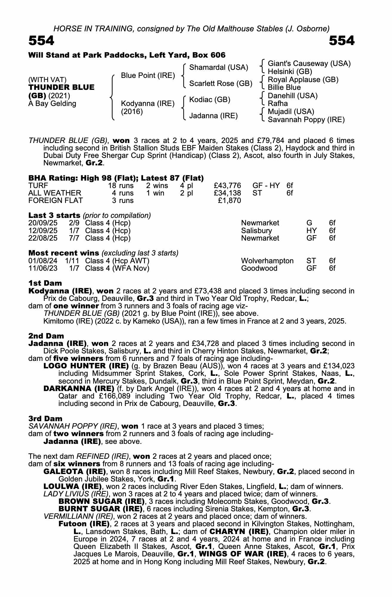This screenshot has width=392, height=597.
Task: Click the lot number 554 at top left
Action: tap(41, 41)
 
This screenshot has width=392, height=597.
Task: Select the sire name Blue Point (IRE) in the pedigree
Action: tap(148, 76)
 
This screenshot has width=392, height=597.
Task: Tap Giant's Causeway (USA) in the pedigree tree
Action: tap(309, 64)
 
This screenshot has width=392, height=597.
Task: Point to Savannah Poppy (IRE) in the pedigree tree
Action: tap(306, 120)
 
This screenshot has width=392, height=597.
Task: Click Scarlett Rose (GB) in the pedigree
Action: tap(221, 84)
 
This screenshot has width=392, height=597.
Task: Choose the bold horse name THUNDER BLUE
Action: tap(61, 87)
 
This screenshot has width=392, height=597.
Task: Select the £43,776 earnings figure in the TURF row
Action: tap(227, 186)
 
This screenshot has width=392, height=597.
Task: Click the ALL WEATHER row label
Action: tap(55, 193)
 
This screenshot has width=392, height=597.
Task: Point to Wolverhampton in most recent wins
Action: tap(267, 261)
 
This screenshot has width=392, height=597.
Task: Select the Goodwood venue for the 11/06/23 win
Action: tap(259, 268)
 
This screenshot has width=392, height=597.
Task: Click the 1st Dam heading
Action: tap(45, 283)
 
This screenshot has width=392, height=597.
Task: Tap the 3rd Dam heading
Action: tap(45, 418)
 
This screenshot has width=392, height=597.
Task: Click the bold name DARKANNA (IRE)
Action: tap(79, 389)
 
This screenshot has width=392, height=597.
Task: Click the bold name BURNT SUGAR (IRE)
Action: tap(100, 509)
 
